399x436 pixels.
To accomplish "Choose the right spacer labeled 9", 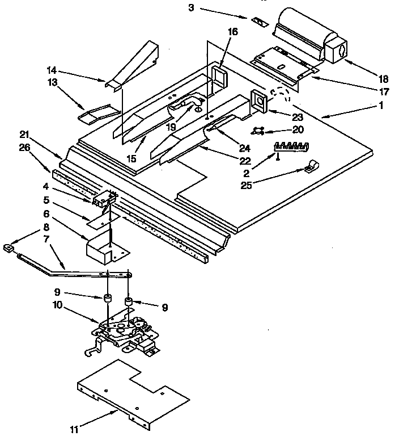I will [x=130, y=301].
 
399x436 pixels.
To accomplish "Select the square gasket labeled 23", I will [x=260, y=102].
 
